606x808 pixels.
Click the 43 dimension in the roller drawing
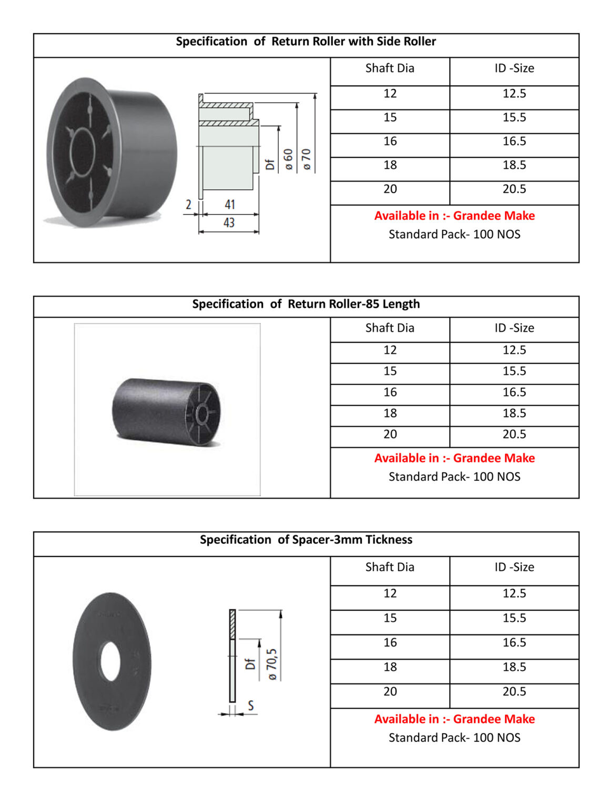(229, 223)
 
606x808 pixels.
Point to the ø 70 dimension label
(306, 159)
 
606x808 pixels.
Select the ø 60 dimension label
(288, 159)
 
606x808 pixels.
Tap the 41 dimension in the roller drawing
(230, 205)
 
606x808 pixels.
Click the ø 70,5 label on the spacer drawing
(272, 664)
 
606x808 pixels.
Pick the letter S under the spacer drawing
(251, 705)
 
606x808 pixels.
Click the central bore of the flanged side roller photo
(83, 152)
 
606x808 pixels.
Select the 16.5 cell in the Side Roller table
(514, 142)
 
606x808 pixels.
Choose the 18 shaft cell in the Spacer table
(390, 667)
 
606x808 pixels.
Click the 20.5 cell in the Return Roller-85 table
(514, 435)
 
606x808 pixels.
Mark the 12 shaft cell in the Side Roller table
(390, 94)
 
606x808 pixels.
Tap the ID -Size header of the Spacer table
(514, 567)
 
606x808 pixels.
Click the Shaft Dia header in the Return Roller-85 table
(390, 328)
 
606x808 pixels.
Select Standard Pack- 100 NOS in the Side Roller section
(454, 235)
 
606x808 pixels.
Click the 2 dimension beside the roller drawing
(188, 205)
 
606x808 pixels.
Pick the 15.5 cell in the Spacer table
(514, 618)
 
